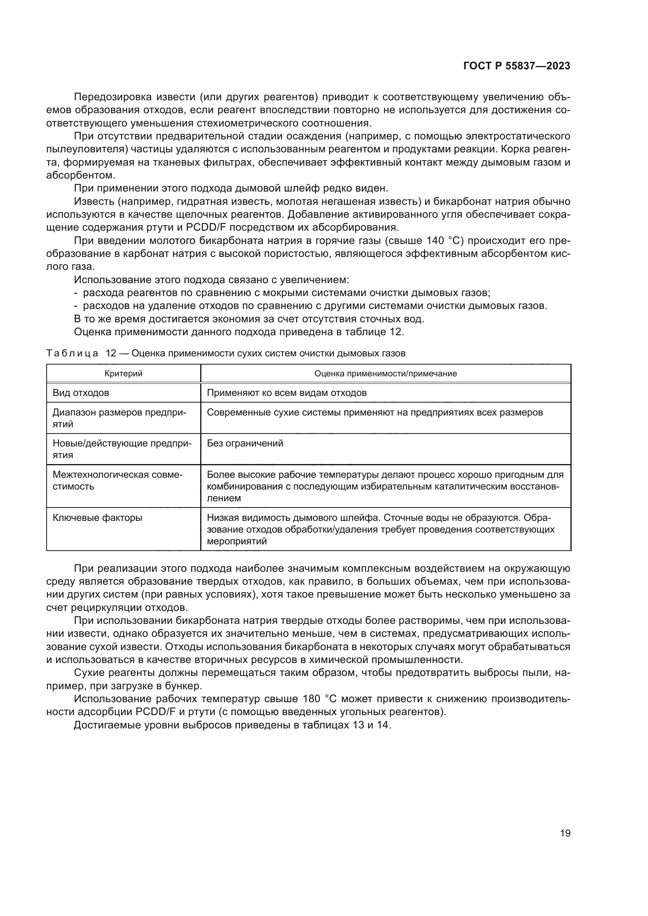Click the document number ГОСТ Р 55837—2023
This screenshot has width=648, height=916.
tap(516, 66)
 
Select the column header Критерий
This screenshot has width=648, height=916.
tap(123, 374)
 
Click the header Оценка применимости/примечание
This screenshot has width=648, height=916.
tap(386, 374)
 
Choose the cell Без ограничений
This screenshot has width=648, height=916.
tap(245, 443)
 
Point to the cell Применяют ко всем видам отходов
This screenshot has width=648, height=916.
tap(286, 393)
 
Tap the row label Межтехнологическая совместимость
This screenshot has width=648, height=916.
tap(117, 481)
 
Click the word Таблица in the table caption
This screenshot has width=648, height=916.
tap(72, 354)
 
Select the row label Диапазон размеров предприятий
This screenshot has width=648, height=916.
tap(119, 418)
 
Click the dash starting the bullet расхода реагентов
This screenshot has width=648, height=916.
tap(75, 293)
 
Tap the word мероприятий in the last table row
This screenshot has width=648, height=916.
tap(237, 541)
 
